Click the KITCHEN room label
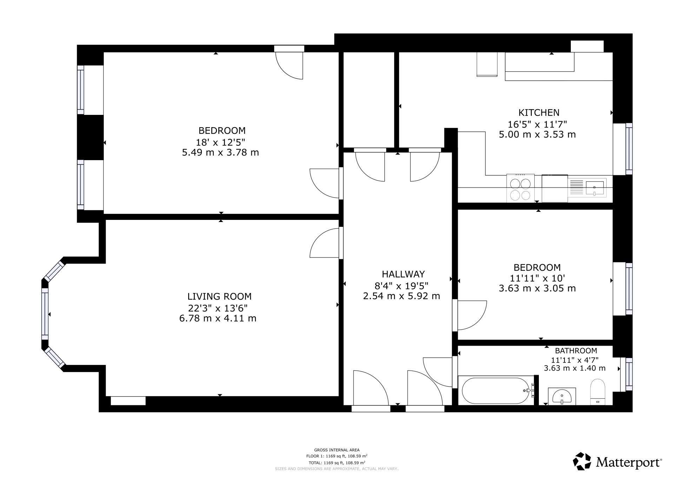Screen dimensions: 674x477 539,113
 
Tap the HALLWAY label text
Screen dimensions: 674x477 403,274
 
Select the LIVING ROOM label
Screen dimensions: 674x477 219,296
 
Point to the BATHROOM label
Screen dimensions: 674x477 576,351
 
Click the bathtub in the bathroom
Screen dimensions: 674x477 496,391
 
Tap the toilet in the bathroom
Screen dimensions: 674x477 598,392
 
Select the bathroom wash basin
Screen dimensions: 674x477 562,396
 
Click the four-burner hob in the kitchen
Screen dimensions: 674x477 520,188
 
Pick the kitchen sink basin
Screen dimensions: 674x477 595,188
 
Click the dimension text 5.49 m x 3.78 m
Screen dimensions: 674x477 220,153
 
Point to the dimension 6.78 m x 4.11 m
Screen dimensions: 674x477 218,319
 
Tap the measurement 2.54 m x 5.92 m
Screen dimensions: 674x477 402,296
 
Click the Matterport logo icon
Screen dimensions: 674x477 582,461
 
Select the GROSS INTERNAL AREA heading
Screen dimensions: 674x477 337,450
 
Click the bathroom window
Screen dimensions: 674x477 629,374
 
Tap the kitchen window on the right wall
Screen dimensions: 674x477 629,149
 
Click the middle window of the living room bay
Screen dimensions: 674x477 45,314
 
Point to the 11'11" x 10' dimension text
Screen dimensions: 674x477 537,278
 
